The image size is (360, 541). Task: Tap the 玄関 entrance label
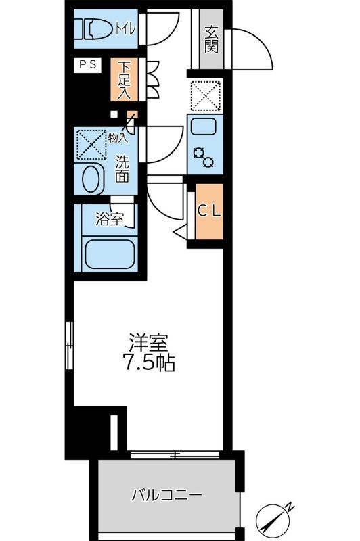coord(211,39)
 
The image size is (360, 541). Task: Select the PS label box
coord(87,66)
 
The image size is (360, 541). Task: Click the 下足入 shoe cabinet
coord(125,80)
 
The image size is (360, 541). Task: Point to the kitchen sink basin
coord(203,126)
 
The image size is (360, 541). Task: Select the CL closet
coord(208,210)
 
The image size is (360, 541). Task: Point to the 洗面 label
coord(122,170)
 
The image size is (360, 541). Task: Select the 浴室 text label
coord(110,219)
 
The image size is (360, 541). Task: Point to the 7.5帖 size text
coord(149,364)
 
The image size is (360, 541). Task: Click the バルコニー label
coord(166,495)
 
